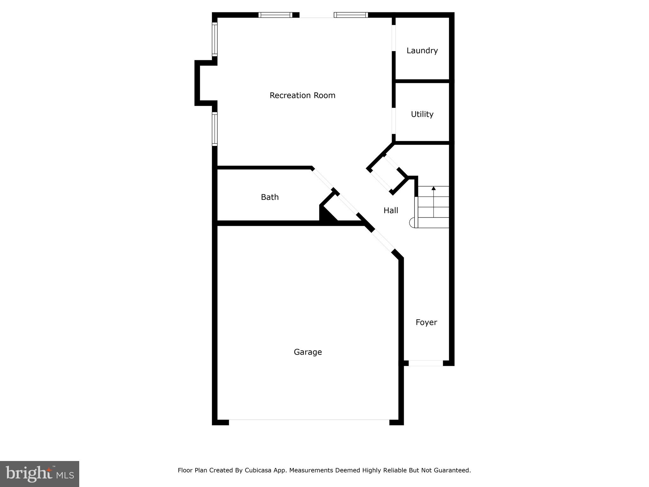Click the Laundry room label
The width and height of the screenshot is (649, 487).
pyautogui.click(x=422, y=51)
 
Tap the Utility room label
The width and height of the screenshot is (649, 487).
pyautogui.click(x=422, y=114)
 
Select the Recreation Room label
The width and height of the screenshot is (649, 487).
pyautogui.click(x=302, y=95)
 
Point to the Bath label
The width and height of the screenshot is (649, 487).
pyautogui.click(x=270, y=197)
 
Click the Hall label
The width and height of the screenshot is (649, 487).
pyautogui.click(x=391, y=211)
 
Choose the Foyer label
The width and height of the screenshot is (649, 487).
pyautogui.click(x=426, y=322)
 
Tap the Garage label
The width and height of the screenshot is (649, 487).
pyautogui.click(x=308, y=352)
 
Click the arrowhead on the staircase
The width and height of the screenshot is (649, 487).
pyautogui.click(x=434, y=188)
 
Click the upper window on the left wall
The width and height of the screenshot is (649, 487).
pyautogui.click(x=215, y=40)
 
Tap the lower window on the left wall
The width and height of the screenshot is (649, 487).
pyautogui.click(x=215, y=129)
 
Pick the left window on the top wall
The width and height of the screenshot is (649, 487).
pyautogui.click(x=275, y=15)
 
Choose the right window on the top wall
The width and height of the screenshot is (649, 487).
pyautogui.click(x=351, y=15)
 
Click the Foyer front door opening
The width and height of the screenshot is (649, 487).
pyautogui.click(x=426, y=363)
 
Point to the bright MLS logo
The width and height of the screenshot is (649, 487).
pyautogui.click(x=40, y=474)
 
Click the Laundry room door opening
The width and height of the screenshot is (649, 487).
pyautogui.click(x=394, y=38)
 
